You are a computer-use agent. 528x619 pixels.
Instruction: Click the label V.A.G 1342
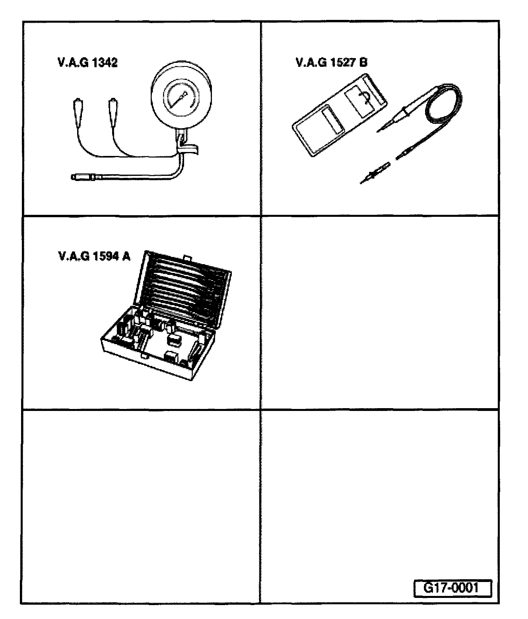87,63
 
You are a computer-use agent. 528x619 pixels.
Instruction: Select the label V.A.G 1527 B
332,63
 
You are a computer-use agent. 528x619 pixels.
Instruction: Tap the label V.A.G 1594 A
94,256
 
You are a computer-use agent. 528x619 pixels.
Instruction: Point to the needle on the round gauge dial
180,97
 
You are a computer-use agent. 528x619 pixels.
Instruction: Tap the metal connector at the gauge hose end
83,176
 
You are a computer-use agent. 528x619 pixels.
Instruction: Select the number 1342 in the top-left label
105,63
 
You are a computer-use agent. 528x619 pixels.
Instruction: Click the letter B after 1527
363,63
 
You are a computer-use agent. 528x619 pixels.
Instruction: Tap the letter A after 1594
126,256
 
